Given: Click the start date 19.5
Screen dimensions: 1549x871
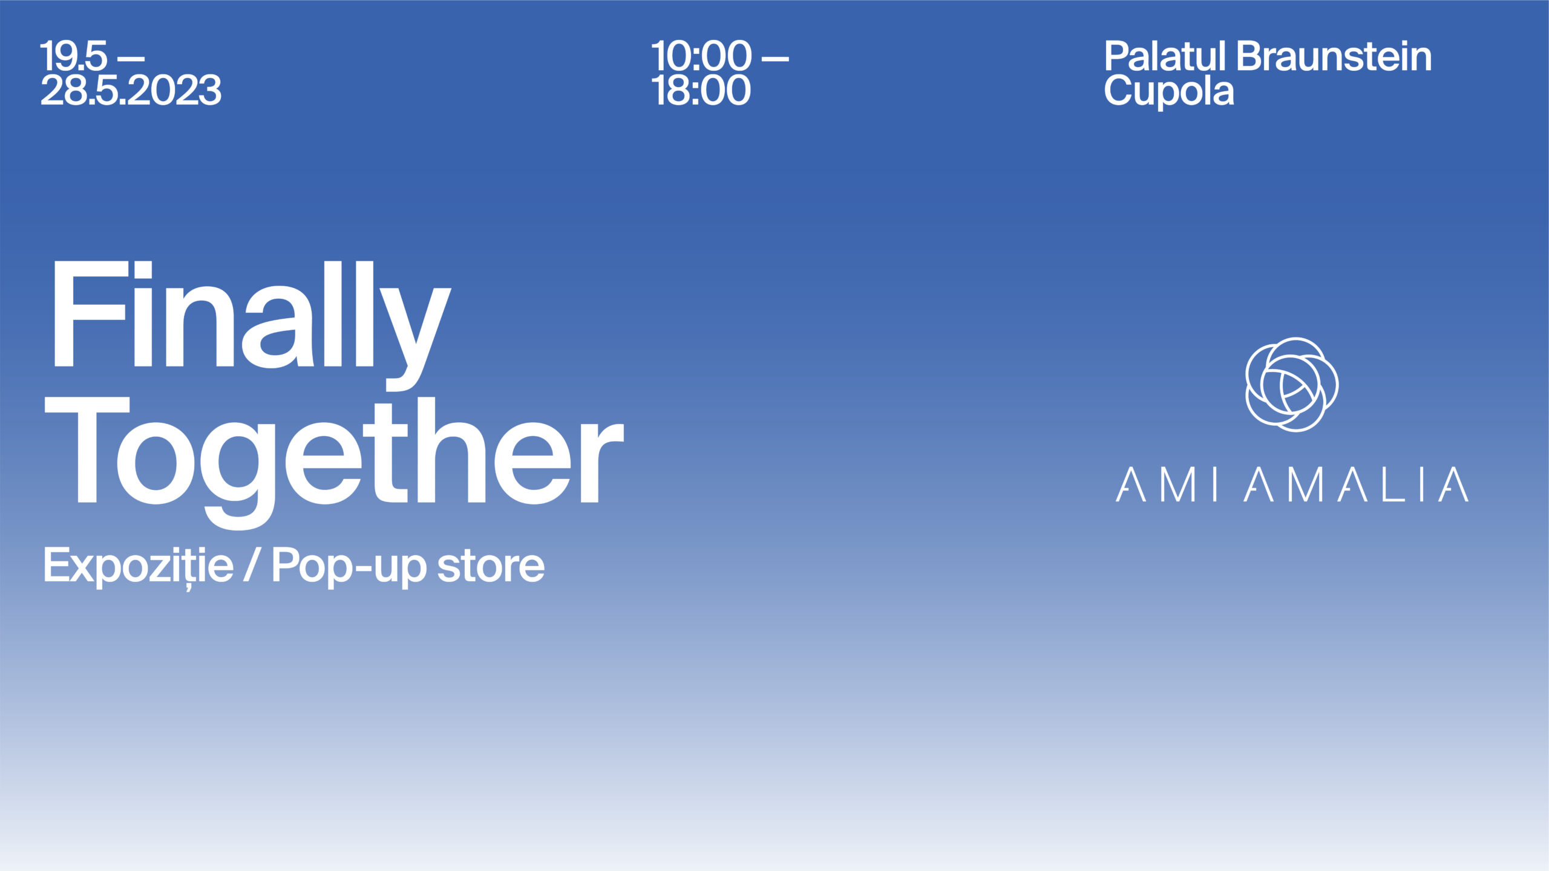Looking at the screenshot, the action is pos(74,56).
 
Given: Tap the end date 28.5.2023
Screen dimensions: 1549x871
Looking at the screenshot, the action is pos(131,91).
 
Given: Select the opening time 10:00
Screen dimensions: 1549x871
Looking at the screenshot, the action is pos(701,56).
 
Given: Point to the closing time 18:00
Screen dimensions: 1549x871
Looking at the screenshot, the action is pos(701,91).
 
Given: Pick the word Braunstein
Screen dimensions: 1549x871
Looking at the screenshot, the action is pos(1334,56).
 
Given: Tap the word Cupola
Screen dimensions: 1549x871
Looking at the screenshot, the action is pos(1169,92).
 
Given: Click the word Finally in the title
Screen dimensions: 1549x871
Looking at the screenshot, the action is pos(252,325).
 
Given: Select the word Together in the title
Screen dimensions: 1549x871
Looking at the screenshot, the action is pos(334,463).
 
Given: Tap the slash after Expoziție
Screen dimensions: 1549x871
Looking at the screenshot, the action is pos(252,565).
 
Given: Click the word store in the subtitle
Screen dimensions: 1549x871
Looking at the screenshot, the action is pos(491,567).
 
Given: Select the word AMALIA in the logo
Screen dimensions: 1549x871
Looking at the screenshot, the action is pos(1356,484).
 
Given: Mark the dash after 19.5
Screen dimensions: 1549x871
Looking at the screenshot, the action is pos(131,59).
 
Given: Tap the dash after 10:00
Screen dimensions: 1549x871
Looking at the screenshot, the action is pos(775,59).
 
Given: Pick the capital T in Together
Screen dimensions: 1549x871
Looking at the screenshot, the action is pos(87,451).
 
